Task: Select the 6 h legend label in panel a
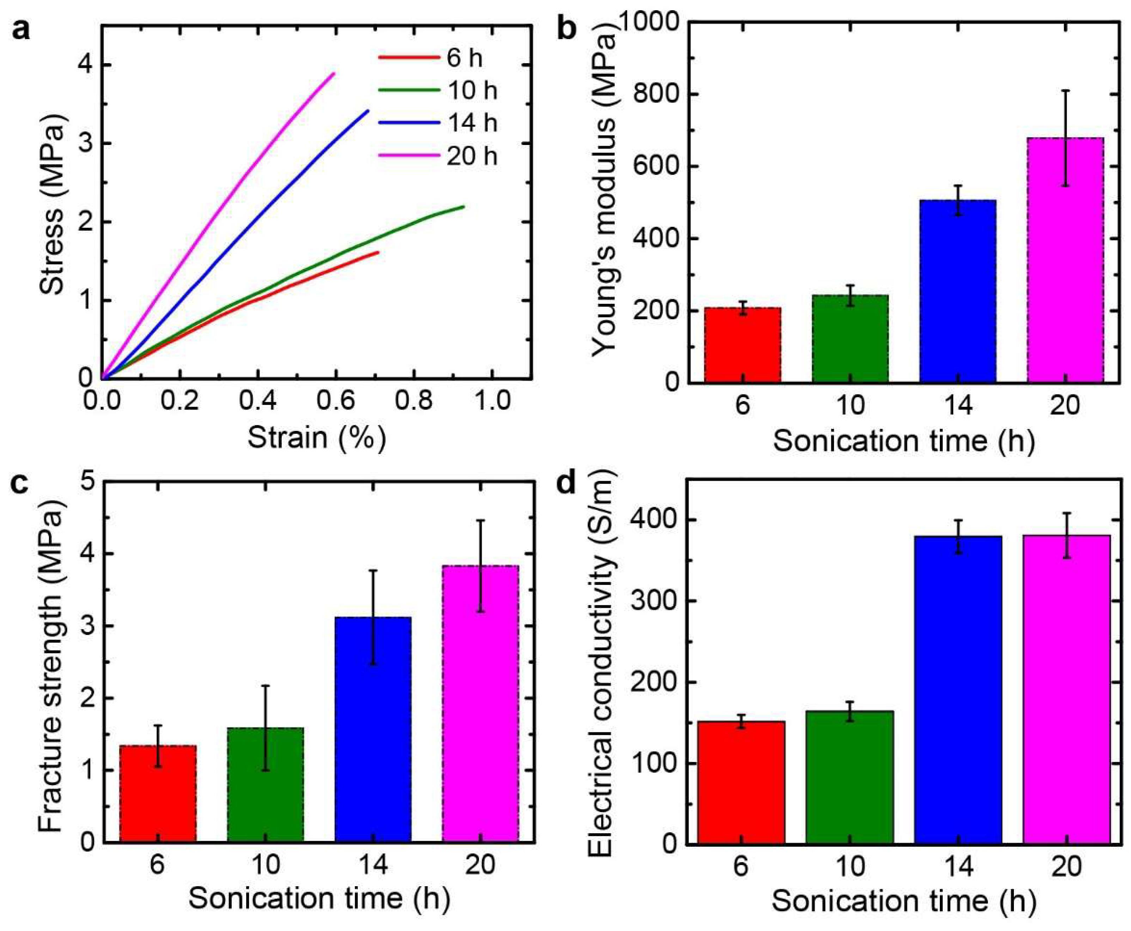tap(464, 57)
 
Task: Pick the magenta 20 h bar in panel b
tap(1065, 260)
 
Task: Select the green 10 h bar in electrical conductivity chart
tap(850, 777)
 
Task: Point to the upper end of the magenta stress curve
tap(334, 73)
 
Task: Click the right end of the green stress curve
tap(463, 206)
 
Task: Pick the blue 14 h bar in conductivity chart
tap(958, 690)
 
